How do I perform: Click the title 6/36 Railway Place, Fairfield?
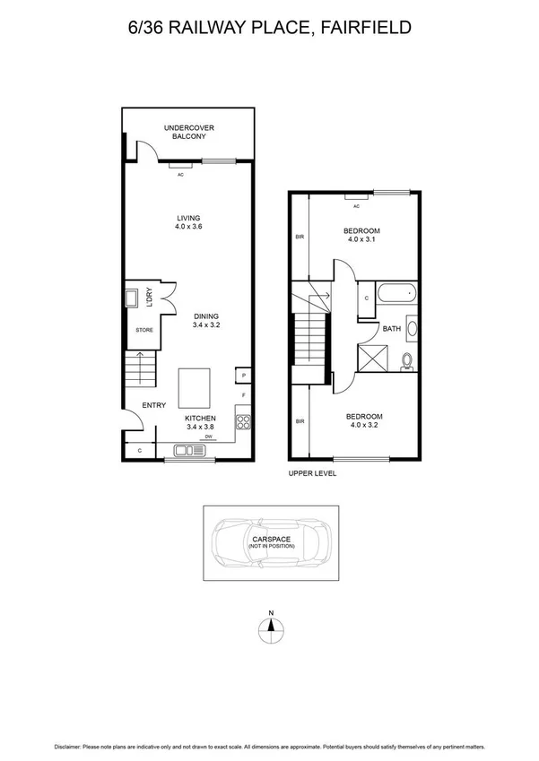coord(269,28)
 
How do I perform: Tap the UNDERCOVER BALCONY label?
coord(188,132)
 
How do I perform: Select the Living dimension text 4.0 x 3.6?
coord(188,228)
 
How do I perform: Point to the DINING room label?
coord(205,316)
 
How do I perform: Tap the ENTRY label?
coord(153,405)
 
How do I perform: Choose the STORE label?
coord(144,330)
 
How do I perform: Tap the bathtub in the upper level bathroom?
coord(396,293)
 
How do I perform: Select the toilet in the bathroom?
coord(407,359)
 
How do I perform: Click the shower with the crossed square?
coord(371,358)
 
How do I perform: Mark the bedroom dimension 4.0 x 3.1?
coord(362,241)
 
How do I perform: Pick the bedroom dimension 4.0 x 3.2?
coord(364,427)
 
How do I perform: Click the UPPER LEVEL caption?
coord(311,473)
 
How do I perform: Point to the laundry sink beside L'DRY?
coord(131,298)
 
